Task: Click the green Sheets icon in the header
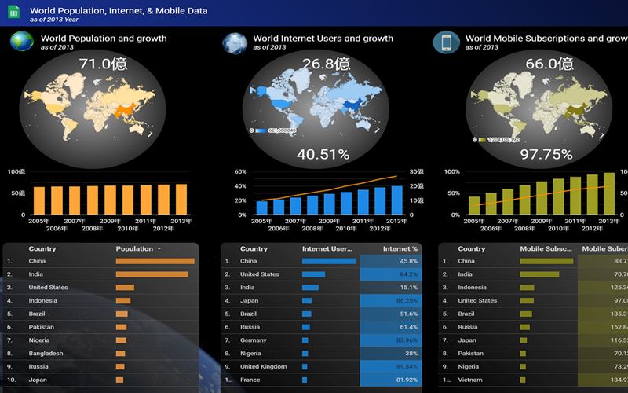tap(13, 12)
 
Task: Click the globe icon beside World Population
tap(21, 42)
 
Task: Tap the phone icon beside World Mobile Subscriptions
tap(446, 42)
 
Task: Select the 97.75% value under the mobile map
tap(541, 155)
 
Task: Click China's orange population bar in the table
tap(155, 261)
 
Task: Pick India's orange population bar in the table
tap(152, 274)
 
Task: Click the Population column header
tap(134, 248)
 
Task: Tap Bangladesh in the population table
tap(49, 354)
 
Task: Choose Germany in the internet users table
tap(254, 340)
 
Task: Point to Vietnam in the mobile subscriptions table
tap(471, 380)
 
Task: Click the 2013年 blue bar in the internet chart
tap(397, 200)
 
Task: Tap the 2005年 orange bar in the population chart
tap(38, 200)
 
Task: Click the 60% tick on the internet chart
tap(240, 171)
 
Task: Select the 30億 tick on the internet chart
tap(417, 171)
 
